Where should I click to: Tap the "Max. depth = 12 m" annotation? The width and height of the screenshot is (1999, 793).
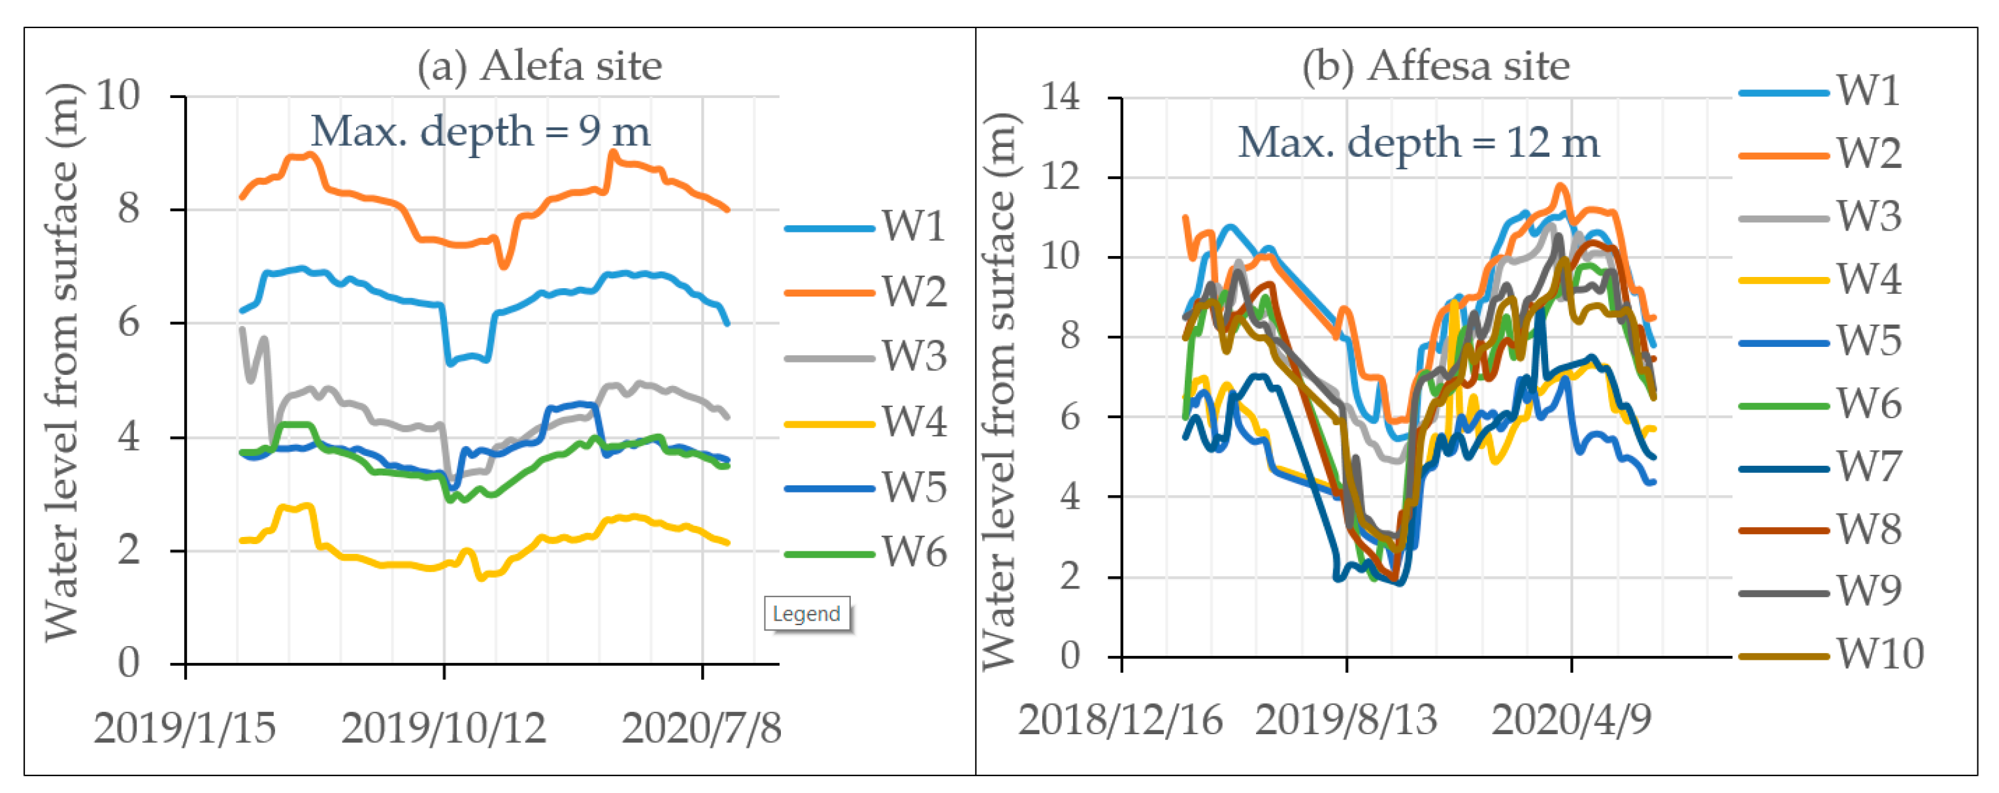pyautogui.click(x=1418, y=143)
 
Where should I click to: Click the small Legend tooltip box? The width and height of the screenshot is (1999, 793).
pyautogui.click(x=806, y=614)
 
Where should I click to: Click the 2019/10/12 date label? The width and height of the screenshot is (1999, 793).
pyautogui.click(x=443, y=728)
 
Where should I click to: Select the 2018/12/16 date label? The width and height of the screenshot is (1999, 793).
pyautogui.click(x=1120, y=720)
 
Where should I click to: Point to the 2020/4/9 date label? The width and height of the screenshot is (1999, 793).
pyautogui.click(x=1572, y=720)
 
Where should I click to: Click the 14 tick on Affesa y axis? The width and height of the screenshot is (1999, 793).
pyautogui.click(x=1060, y=98)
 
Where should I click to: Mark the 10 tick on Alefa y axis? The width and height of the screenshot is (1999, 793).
pyautogui.click(x=117, y=96)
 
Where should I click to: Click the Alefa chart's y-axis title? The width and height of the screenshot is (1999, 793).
pyautogui.click(x=62, y=362)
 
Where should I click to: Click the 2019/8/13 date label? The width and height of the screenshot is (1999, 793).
pyautogui.click(x=1346, y=720)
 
